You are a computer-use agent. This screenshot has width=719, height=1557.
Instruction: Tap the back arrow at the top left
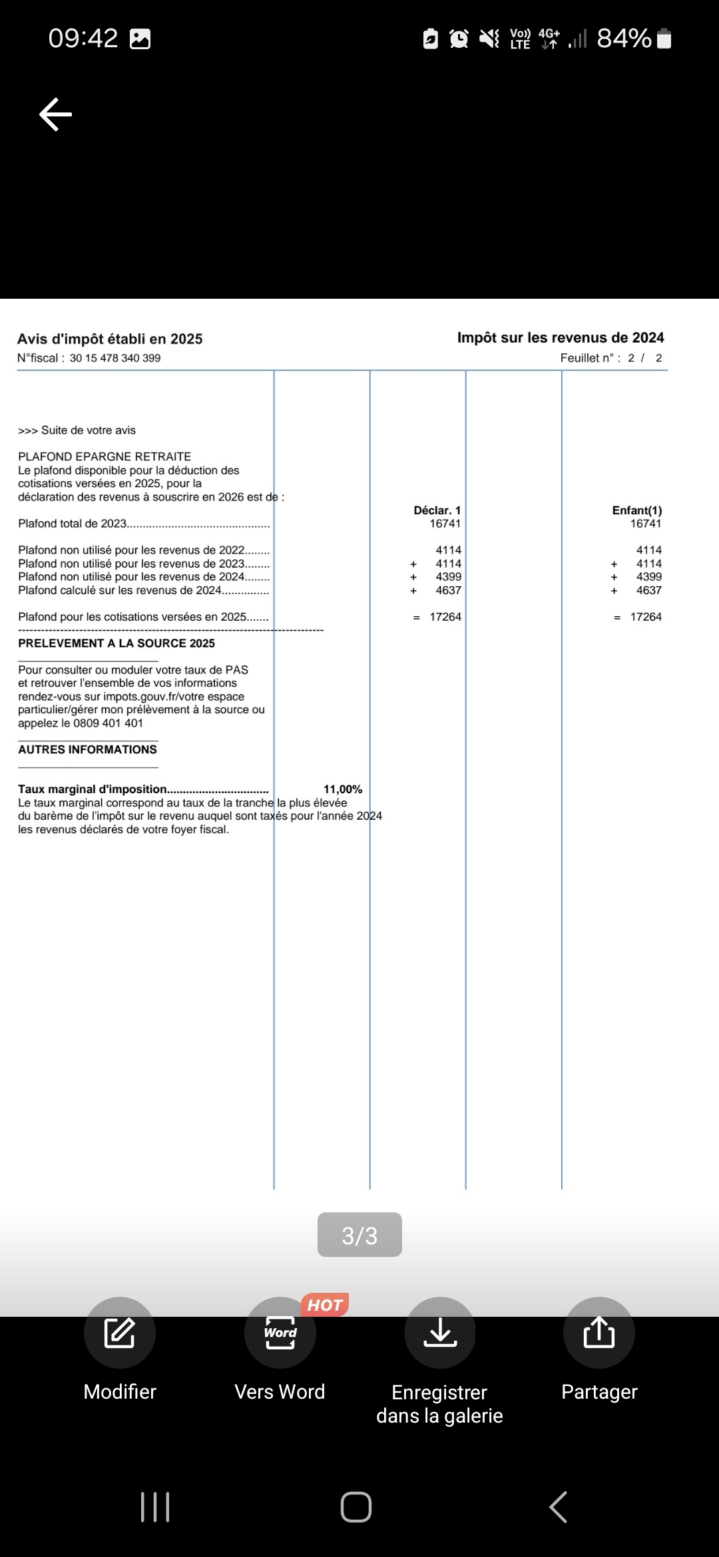point(56,114)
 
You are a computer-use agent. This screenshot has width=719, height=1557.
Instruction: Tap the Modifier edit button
point(120,1332)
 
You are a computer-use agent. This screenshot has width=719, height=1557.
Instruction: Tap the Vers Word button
point(280,1332)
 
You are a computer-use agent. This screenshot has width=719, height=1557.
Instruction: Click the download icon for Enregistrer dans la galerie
point(440,1332)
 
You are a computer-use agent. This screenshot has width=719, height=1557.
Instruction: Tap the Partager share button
point(599,1332)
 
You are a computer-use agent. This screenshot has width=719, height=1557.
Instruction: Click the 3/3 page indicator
point(359,1235)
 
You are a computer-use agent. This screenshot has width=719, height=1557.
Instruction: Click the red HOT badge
point(325,1305)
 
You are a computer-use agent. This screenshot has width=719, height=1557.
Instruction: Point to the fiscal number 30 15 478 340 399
point(115,358)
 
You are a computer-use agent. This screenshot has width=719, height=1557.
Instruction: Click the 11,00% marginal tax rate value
point(343,789)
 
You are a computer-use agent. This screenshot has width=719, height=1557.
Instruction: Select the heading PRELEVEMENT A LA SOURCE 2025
point(117,643)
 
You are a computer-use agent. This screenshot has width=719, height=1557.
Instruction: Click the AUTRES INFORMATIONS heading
point(87,749)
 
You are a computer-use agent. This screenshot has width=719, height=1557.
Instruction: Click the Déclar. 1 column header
point(437,510)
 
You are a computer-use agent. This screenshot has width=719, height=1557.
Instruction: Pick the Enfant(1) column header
point(637,510)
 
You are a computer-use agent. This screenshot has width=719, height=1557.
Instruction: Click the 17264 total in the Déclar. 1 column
point(445,617)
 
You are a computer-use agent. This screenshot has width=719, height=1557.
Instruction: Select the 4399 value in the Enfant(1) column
point(649,577)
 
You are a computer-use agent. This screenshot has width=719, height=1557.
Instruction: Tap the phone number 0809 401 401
point(108,723)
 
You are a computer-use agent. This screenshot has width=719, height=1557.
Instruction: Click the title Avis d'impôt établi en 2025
point(110,339)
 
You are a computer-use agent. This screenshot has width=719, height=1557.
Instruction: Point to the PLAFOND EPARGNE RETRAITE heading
point(105,456)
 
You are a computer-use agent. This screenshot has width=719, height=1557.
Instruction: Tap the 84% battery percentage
point(624,39)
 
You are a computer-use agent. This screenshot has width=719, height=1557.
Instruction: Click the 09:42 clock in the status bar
point(83,39)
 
